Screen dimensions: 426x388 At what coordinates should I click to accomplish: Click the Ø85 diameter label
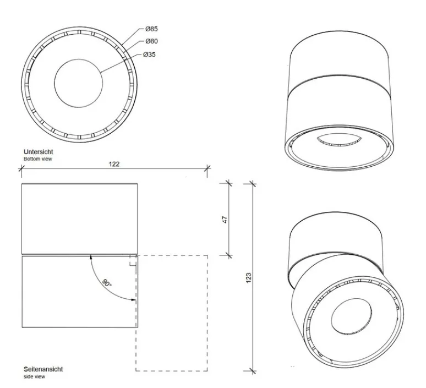151,29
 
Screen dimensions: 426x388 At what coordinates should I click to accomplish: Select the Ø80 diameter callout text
151,41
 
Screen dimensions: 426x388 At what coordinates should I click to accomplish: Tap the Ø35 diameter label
149,54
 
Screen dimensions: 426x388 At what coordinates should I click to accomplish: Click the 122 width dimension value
114,164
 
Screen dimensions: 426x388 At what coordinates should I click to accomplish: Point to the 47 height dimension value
225,220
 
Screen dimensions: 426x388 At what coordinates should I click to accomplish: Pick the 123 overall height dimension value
249,278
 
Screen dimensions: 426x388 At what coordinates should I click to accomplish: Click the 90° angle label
107,282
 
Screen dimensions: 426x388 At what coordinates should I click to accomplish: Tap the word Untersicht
39,152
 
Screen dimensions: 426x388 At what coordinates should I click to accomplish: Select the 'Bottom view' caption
38,159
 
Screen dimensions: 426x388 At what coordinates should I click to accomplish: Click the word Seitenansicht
43,369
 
